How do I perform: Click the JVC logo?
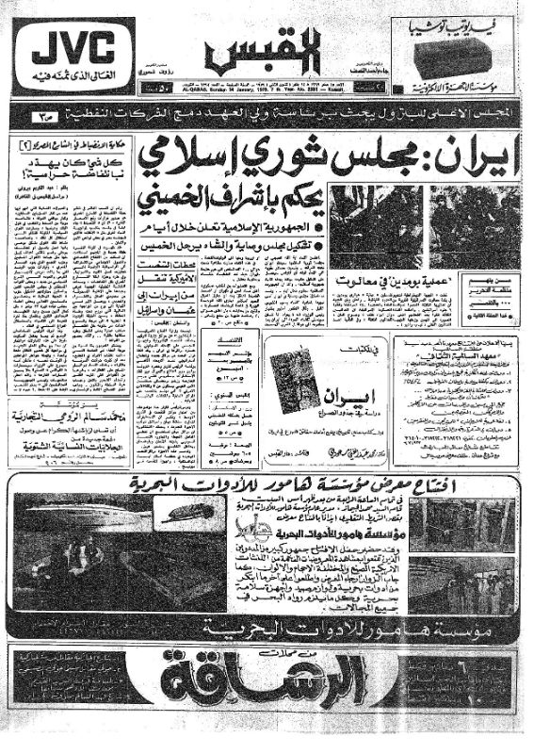[x=71, y=42]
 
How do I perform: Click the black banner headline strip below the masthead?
[x=267, y=116]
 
